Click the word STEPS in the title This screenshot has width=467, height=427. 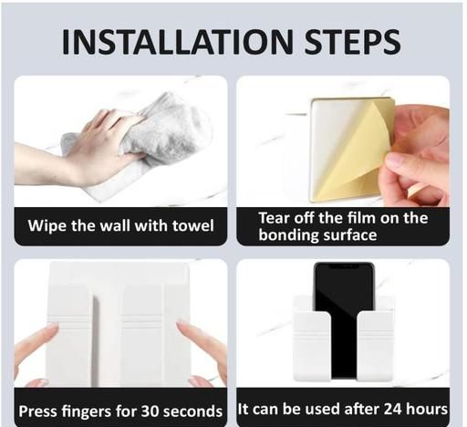coord(353,42)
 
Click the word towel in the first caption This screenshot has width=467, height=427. coord(193,226)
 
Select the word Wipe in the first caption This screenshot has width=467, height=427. coord(47,226)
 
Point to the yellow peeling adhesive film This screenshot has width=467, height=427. coord(358,152)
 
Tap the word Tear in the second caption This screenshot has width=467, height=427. coord(272,218)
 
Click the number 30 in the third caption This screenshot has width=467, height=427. coord(148,411)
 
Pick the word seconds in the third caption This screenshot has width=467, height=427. coord(192,411)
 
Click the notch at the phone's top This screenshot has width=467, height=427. coord(344,266)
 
